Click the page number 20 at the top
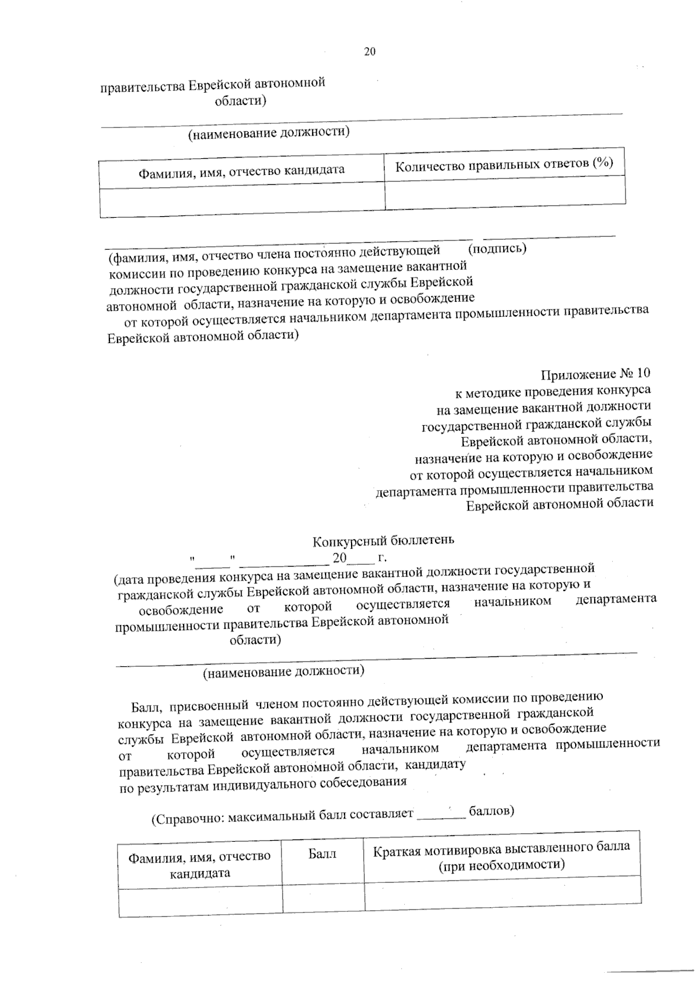[370, 52]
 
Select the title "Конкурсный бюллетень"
[383, 541]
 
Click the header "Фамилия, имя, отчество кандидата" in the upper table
[241, 170]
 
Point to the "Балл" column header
[322, 853]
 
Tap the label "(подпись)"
[497, 249]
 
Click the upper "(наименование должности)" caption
[269, 133]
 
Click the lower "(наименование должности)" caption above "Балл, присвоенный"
[283, 671]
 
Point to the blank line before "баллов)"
[441, 816]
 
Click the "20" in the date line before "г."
[339, 558]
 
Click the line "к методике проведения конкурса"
[553, 390]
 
